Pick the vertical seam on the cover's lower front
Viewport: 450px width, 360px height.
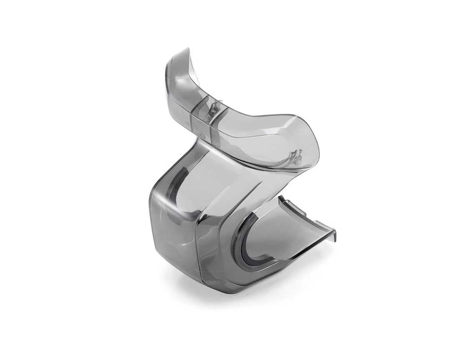pyautogui.click(x=196, y=250)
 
